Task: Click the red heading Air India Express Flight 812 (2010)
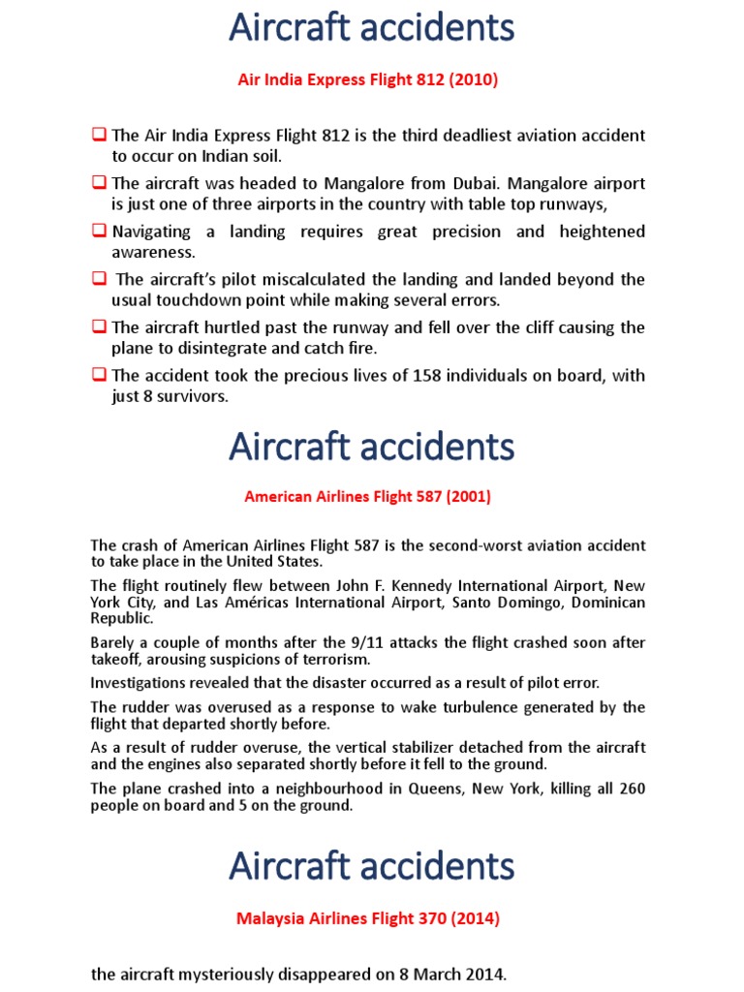tap(368, 79)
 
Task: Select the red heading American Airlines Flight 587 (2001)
tap(368, 497)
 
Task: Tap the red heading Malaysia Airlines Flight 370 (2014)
tap(368, 917)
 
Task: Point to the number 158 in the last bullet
tap(459, 376)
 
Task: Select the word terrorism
tap(334, 660)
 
